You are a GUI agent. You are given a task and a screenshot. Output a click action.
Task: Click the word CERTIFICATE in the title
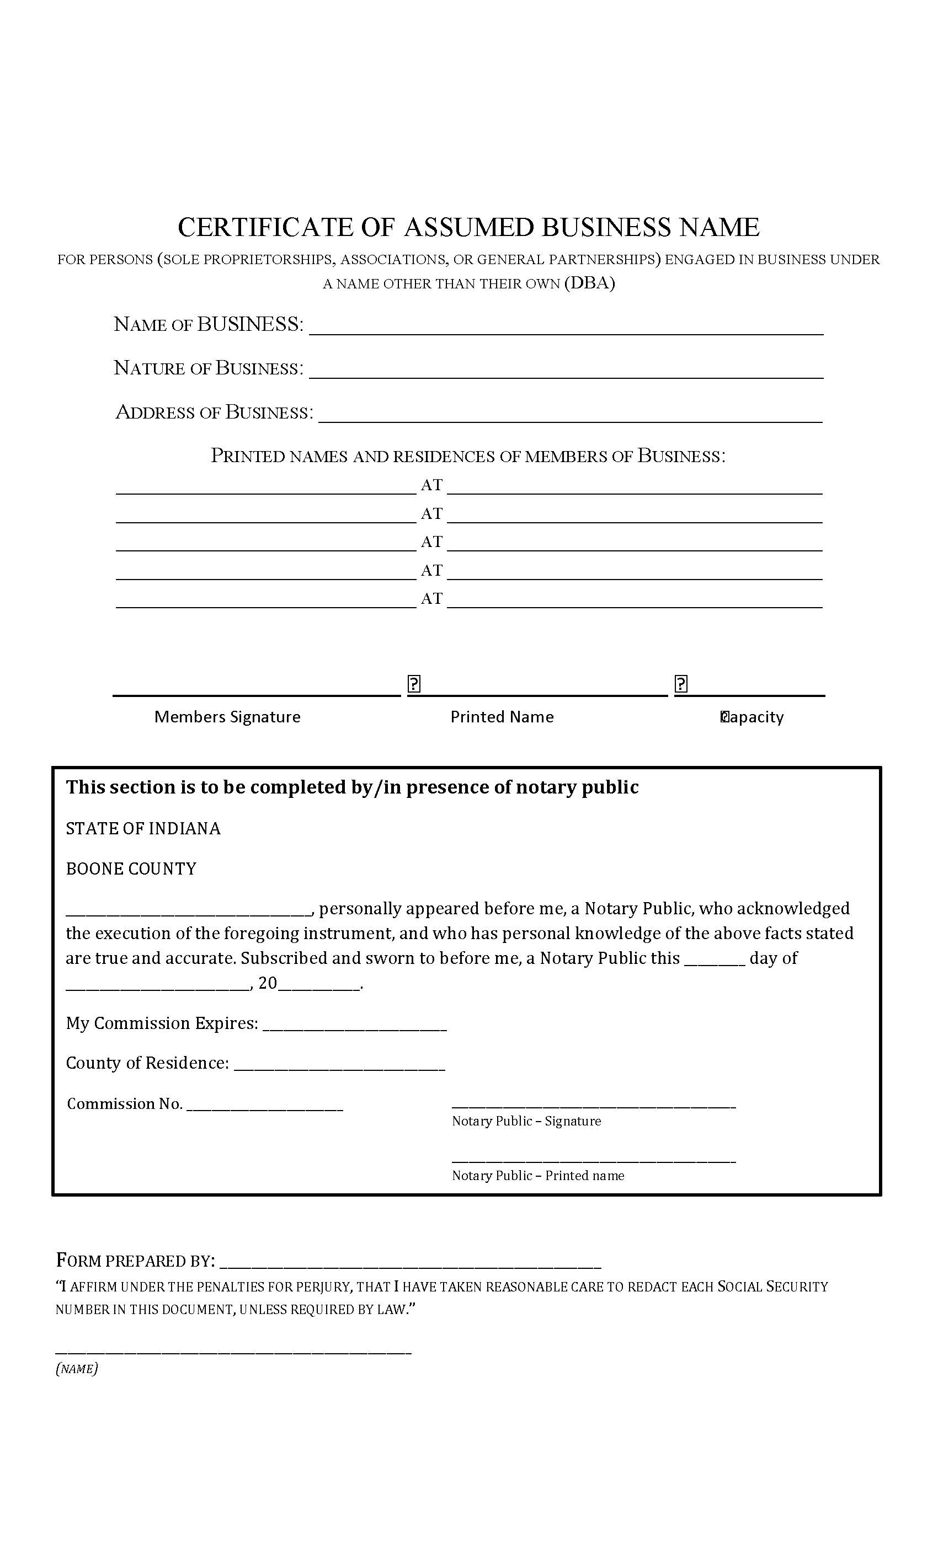click(266, 227)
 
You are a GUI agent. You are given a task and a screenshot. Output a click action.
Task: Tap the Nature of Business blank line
click(566, 372)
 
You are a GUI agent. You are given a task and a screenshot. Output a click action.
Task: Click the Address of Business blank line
click(570, 417)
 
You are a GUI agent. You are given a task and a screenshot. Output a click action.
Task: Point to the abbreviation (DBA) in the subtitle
click(589, 283)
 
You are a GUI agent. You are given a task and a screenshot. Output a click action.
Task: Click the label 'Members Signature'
click(227, 717)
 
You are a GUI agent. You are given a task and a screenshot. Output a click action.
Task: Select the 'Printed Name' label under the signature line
click(502, 717)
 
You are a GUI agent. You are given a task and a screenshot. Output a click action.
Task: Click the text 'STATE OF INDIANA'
click(143, 828)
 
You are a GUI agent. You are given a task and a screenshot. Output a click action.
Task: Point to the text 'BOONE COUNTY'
click(131, 868)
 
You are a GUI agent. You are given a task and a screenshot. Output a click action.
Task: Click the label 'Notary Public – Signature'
click(526, 1121)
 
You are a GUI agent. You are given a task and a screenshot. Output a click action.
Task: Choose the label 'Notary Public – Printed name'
click(538, 1176)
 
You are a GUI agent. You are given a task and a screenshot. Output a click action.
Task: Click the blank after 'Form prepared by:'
click(410, 1262)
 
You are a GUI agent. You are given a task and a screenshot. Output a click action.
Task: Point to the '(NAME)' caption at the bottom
click(77, 1369)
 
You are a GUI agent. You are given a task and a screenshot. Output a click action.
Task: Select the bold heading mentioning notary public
click(352, 787)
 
